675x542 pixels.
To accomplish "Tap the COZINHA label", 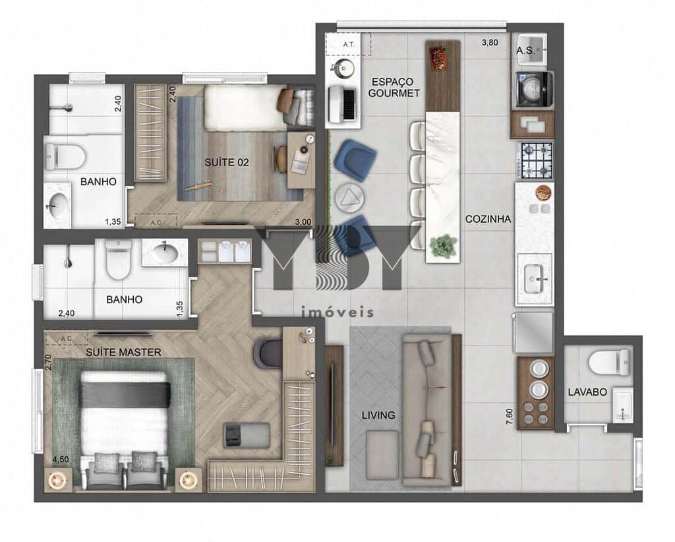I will [488, 220].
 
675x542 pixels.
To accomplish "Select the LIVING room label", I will [378, 415].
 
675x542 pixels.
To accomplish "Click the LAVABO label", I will [587, 392].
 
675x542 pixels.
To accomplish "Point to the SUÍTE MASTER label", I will [123, 352].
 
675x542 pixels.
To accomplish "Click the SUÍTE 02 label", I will [226, 163].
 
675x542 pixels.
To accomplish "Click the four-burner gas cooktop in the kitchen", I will [535, 161].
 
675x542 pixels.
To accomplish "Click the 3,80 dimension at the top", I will [489, 44].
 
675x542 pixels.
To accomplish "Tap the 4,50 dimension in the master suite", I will [60, 459].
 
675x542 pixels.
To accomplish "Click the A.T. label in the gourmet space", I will [349, 44].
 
